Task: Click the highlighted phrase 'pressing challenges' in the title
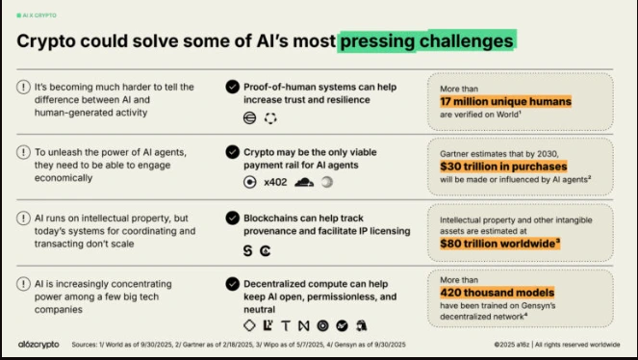coord(426,41)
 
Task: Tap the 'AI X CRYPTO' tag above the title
coord(36,16)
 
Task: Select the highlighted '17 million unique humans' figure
coord(505,101)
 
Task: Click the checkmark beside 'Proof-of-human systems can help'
coord(232,87)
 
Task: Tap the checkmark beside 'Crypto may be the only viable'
coord(232,152)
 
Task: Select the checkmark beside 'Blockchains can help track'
coord(232,218)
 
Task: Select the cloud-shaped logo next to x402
coord(305,181)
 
